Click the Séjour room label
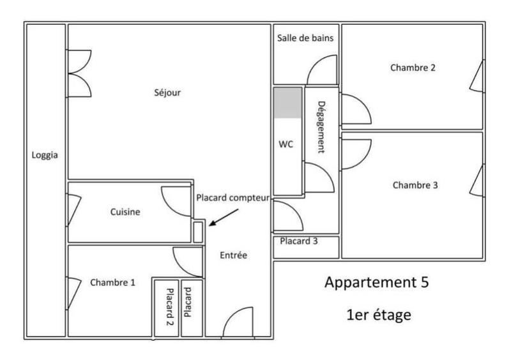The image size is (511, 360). (168, 93)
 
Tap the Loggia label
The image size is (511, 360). (45, 154)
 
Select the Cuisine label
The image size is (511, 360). (125, 212)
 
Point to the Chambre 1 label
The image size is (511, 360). (112, 282)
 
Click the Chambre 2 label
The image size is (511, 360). (413, 68)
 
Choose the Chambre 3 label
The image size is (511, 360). (415, 185)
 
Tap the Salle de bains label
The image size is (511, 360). (305, 38)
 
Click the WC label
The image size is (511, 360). (286, 144)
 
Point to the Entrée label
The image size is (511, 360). (233, 255)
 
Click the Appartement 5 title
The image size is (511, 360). (382, 282)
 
